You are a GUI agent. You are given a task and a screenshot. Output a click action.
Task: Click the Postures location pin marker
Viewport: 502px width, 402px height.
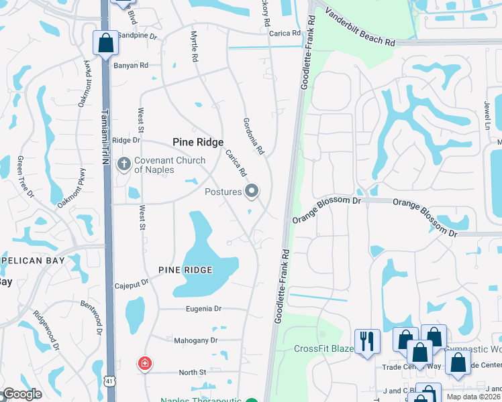[252, 192]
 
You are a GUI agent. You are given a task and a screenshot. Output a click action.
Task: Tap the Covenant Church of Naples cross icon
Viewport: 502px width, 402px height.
[123, 163]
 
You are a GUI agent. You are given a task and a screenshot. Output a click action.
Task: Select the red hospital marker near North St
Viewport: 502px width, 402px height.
[144, 364]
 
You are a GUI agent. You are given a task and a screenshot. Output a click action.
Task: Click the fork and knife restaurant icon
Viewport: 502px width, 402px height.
[367, 340]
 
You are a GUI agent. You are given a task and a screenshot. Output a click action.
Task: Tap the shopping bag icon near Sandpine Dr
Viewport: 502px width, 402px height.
[105, 44]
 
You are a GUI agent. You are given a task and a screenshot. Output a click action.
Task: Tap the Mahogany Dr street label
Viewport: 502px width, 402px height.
[196, 340]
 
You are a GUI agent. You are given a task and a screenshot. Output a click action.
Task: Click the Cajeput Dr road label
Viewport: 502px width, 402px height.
[131, 284]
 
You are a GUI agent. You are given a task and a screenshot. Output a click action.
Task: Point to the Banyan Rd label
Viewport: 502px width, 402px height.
[131, 66]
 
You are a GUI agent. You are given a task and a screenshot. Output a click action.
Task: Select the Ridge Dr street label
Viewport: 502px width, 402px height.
[126, 140]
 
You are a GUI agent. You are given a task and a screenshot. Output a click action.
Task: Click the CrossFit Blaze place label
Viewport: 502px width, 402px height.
[323, 348]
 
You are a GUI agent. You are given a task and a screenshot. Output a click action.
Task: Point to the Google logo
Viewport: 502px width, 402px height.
[22, 394]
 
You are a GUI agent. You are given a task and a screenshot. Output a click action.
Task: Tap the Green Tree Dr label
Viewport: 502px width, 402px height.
[25, 176]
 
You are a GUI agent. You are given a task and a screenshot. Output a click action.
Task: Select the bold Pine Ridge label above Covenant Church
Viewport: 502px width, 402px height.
[198, 142]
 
